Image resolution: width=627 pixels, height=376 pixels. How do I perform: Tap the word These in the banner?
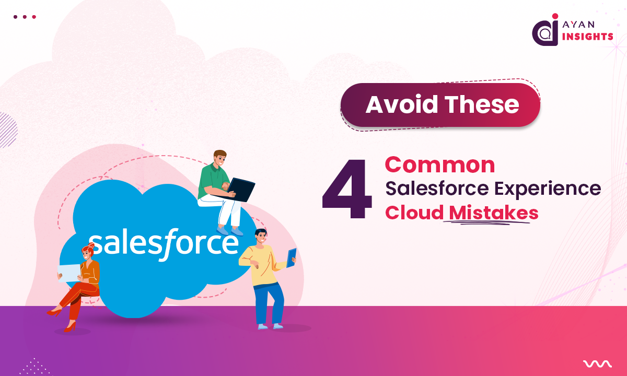pyautogui.click(x=482, y=105)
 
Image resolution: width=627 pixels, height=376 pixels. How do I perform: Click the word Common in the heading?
pyautogui.click(x=440, y=165)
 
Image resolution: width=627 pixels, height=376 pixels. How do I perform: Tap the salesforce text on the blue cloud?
pyautogui.click(x=163, y=243)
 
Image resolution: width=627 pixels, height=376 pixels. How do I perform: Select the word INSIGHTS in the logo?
pyautogui.click(x=587, y=37)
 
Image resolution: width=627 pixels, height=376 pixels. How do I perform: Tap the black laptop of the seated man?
pyautogui.click(x=241, y=189)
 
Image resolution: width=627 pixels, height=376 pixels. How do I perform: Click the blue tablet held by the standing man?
pyautogui.click(x=291, y=257)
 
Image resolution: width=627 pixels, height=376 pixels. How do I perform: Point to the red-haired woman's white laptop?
pyautogui.click(x=68, y=272)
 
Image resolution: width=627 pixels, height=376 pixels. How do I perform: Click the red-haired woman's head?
pyautogui.click(x=87, y=252)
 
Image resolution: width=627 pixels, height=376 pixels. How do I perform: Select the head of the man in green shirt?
pyautogui.click(x=220, y=157)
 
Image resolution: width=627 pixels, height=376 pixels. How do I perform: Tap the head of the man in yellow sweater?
pyautogui.click(x=260, y=238)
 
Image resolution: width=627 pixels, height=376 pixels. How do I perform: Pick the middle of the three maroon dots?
pyautogui.click(x=25, y=17)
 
